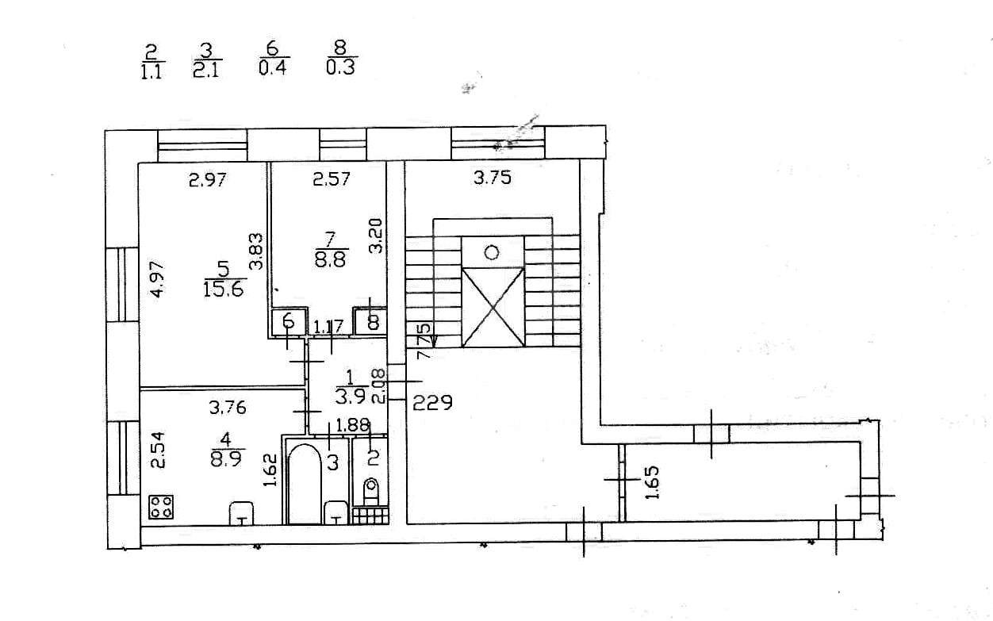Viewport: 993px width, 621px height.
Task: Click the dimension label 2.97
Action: pos(208,180)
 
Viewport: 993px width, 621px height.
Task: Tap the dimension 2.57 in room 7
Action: pos(331,180)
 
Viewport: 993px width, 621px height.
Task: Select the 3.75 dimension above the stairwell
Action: pos(493,178)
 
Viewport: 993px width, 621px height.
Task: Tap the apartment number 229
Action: pos(432,403)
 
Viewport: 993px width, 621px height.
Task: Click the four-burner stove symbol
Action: pos(162,507)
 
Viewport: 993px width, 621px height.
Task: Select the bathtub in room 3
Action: pos(303,484)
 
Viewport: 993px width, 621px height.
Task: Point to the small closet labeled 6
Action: pos(289,321)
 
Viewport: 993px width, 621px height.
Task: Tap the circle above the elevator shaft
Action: pos(493,252)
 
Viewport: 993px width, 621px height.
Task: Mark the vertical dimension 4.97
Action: pos(159,279)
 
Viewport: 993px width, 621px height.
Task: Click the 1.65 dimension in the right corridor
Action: pos(652,481)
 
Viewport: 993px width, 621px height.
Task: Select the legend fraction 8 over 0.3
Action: pos(341,59)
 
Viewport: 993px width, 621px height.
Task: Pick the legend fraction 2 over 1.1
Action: pos(151,60)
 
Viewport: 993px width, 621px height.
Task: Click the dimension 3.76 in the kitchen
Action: pos(227,408)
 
